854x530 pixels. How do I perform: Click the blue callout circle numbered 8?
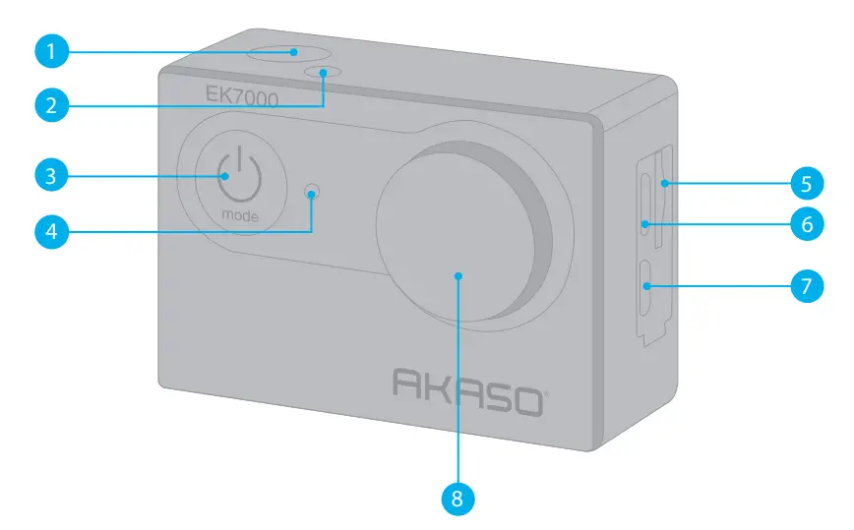457,498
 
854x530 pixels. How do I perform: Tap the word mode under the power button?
240,214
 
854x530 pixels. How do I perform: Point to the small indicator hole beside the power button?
312,190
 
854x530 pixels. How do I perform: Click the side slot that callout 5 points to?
660,182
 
